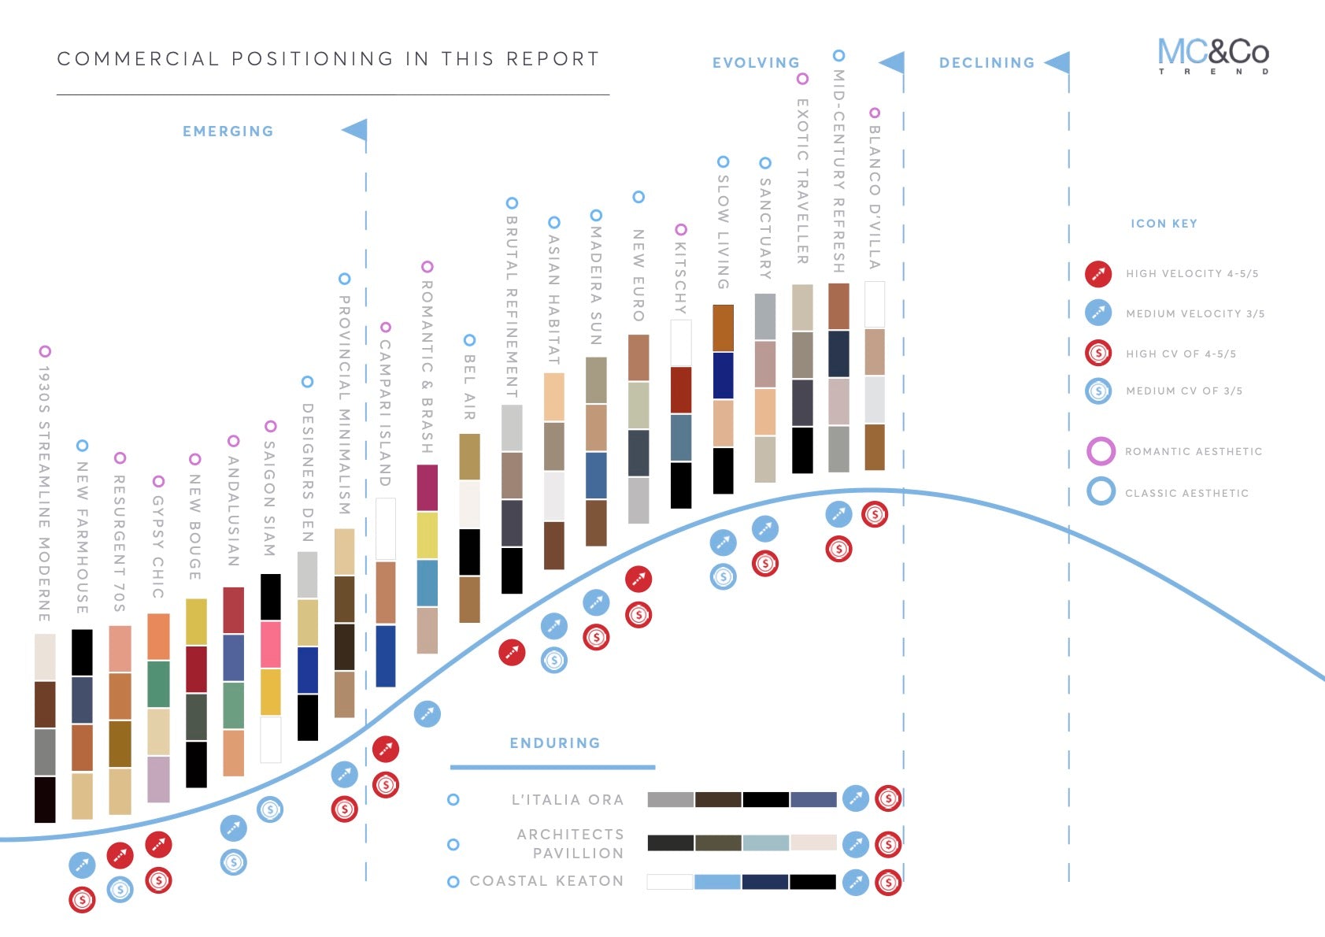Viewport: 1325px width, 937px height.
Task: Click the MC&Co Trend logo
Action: coord(1212,55)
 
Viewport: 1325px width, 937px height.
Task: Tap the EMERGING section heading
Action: coord(228,131)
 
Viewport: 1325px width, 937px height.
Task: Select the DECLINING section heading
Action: coord(986,63)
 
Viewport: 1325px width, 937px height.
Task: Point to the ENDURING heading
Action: coord(554,743)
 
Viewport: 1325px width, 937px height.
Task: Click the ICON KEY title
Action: coord(1164,224)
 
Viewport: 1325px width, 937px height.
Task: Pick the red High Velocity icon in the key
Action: coord(1098,273)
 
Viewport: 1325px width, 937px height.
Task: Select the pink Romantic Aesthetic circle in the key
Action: coord(1101,451)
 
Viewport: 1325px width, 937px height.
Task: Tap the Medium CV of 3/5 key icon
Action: coord(1098,391)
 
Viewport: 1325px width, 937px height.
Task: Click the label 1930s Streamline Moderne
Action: coord(44,493)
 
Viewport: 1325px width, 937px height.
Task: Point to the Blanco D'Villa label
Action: coord(874,197)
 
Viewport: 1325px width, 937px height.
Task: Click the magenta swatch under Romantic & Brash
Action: coord(427,487)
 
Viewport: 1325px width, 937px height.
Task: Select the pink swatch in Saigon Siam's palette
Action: coord(270,644)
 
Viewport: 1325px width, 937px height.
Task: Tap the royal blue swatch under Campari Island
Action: coord(386,655)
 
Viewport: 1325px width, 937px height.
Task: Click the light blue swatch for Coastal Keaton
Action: coord(716,882)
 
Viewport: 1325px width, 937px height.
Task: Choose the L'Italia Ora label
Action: coord(568,800)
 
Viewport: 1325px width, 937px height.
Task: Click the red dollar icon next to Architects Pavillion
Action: coord(888,845)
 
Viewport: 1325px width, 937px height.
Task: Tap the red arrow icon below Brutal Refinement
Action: coord(512,652)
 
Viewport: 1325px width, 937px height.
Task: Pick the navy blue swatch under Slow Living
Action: coord(723,376)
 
